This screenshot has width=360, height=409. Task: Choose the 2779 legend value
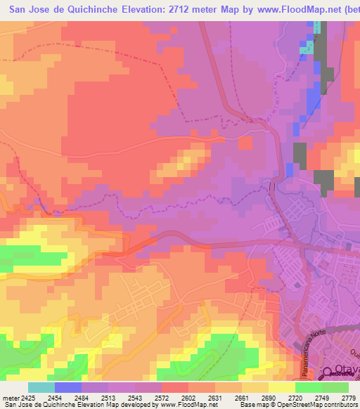[347, 398]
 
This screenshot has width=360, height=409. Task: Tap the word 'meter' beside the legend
[12, 398]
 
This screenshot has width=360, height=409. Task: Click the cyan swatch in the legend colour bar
[41, 387]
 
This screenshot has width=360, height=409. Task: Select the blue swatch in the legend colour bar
[68, 387]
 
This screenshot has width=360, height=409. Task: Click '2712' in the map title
[182, 8]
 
